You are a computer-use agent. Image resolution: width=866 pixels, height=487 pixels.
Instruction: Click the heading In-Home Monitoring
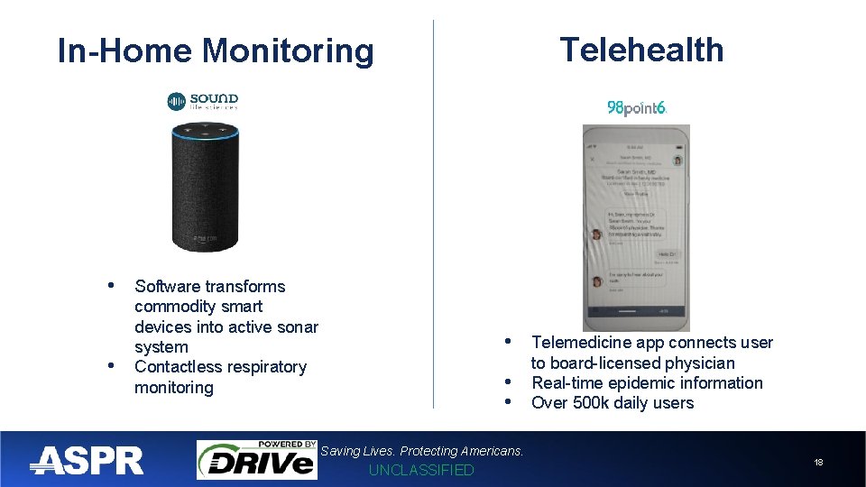(x=215, y=51)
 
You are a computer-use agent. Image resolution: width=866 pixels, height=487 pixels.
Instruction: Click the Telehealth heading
(x=641, y=50)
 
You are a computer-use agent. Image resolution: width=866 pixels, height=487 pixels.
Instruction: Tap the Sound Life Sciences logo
(x=203, y=102)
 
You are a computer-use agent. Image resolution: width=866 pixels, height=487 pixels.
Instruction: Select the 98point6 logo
(x=637, y=107)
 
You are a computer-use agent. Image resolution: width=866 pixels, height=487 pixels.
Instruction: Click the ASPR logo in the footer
(x=87, y=461)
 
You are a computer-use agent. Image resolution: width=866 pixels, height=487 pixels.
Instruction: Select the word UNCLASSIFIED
(x=421, y=470)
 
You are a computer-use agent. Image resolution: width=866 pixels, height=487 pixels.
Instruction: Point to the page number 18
(x=818, y=462)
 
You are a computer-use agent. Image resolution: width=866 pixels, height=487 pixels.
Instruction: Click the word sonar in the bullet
(x=297, y=326)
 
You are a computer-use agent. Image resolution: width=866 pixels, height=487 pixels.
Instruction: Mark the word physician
(x=699, y=363)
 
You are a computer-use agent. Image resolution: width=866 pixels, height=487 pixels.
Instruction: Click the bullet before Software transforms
(x=111, y=286)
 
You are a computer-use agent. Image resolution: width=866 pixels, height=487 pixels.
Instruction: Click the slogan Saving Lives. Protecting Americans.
(x=422, y=451)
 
